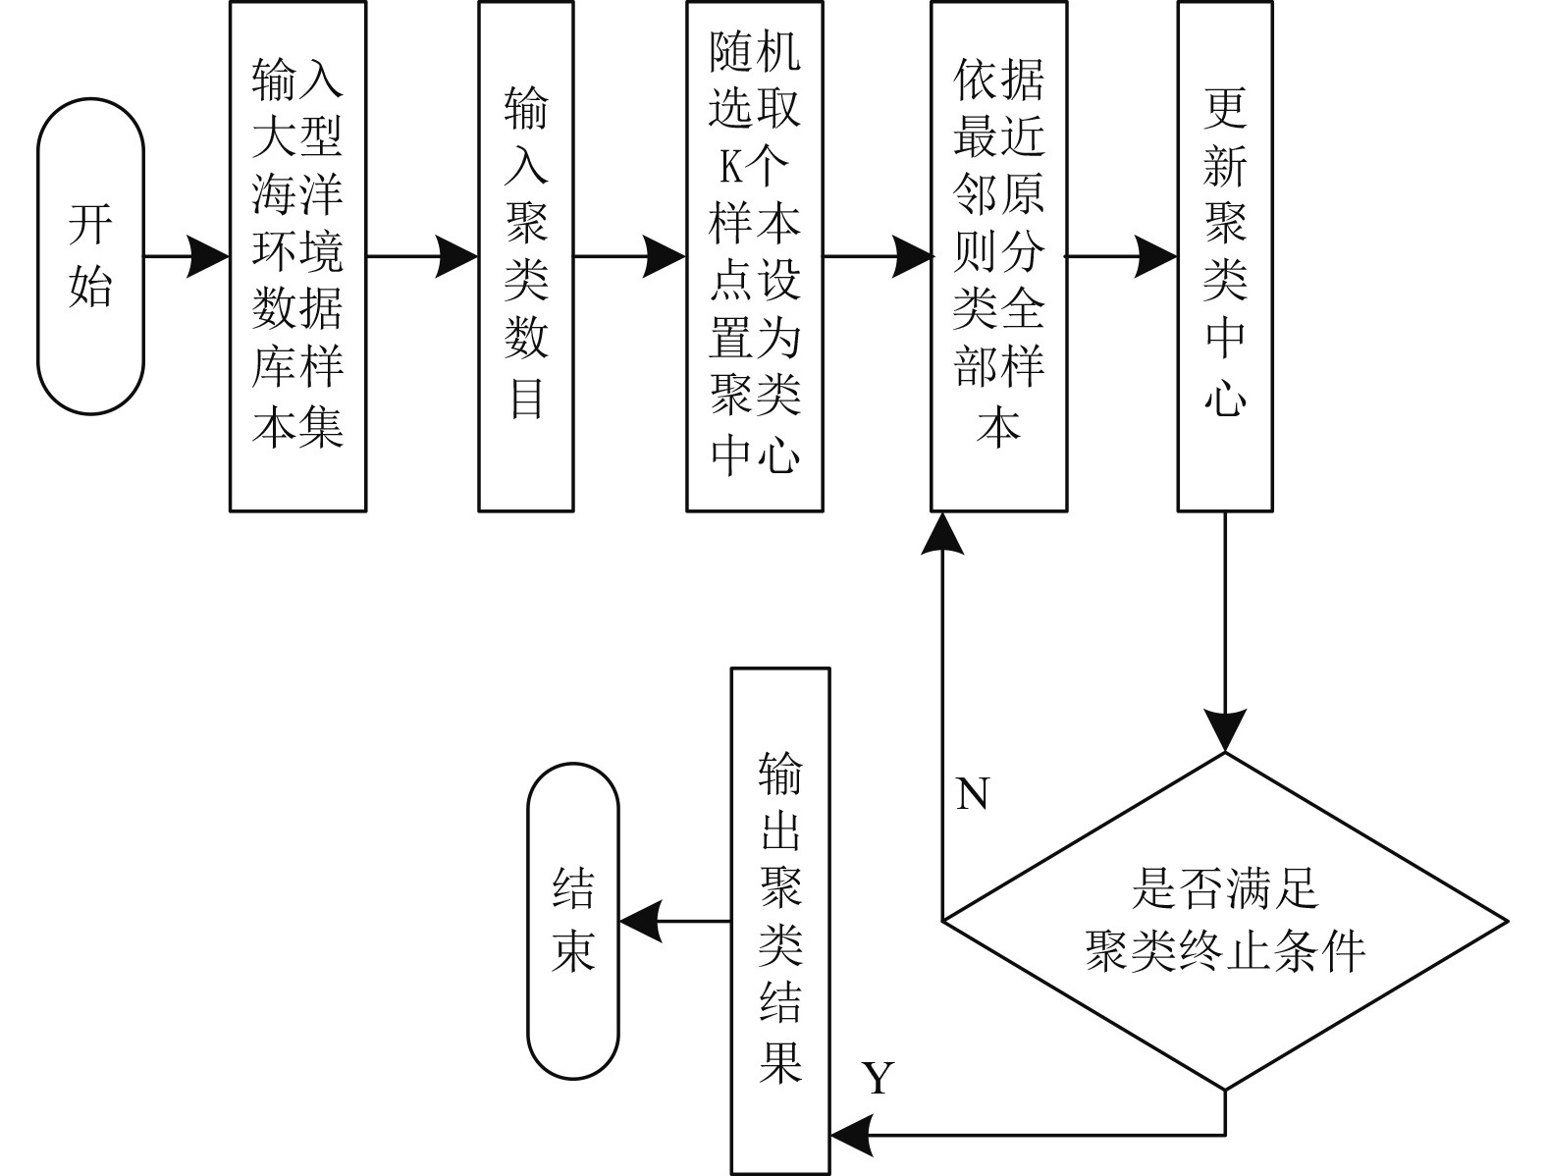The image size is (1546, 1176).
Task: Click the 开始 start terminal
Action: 90,257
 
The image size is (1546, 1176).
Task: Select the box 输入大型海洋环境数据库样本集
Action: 297,257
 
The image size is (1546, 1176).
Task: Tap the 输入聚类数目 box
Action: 525,257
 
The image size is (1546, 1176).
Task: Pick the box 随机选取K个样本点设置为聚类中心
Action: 754,257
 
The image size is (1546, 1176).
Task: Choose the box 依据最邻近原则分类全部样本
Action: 998,257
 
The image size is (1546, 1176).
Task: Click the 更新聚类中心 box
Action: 1224,257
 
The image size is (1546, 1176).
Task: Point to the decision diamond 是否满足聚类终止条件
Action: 1224,921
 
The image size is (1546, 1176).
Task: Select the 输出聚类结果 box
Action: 779,921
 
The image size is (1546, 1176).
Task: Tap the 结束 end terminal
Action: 573,921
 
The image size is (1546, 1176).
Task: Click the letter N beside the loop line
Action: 972,794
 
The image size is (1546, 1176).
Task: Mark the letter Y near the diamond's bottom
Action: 879,1079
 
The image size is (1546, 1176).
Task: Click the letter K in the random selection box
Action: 731,169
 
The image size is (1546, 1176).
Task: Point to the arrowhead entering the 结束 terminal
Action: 639,922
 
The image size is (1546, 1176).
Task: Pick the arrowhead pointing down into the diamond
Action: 1225,730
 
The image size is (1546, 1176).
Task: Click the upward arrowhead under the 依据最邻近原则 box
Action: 942,534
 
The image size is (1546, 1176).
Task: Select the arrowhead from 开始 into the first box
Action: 208,257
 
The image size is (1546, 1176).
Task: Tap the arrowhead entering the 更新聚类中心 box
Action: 1156,257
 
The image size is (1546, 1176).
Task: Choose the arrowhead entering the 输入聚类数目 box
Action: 457,257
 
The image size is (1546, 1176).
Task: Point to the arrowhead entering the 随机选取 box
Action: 665,257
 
